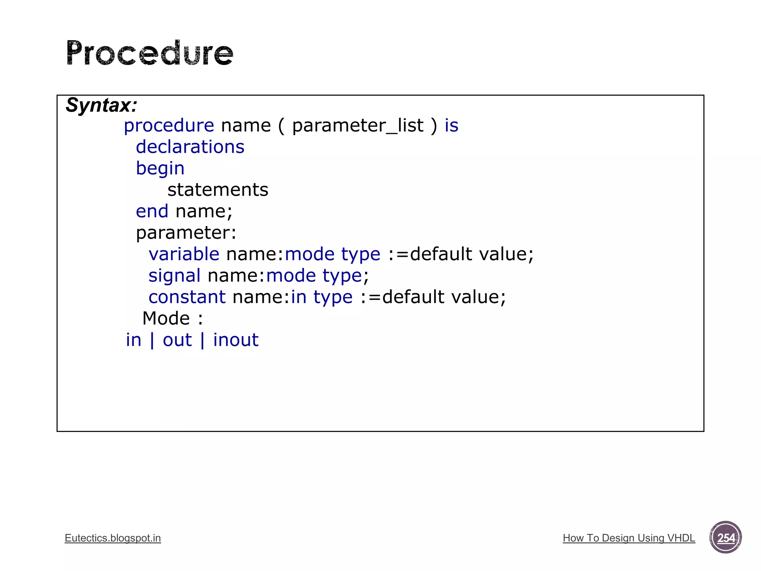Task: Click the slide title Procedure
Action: pyautogui.click(x=150, y=53)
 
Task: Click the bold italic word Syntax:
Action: pyautogui.click(x=101, y=105)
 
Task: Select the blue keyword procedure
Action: pyautogui.click(x=169, y=126)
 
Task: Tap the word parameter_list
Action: pyautogui.click(x=357, y=126)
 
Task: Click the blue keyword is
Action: pyautogui.click(x=451, y=126)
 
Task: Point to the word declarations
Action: pyautogui.click(x=190, y=147)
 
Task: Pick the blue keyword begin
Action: pyautogui.click(x=160, y=168)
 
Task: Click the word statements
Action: pyautogui.click(x=218, y=190)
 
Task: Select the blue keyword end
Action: pyautogui.click(x=152, y=211)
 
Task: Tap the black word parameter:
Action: pyautogui.click(x=186, y=233)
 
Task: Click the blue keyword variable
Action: pyautogui.click(x=184, y=254)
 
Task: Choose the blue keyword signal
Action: pyautogui.click(x=174, y=276)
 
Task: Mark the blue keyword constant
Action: pyautogui.click(x=187, y=297)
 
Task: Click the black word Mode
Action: pyautogui.click(x=166, y=319)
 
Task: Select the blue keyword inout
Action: pyautogui.click(x=236, y=340)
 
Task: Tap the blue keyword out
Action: pyautogui.click(x=177, y=340)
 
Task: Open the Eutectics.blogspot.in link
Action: pyautogui.click(x=113, y=538)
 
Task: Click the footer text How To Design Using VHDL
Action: pyautogui.click(x=629, y=538)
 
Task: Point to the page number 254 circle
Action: pyautogui.click(x=725, y=538)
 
